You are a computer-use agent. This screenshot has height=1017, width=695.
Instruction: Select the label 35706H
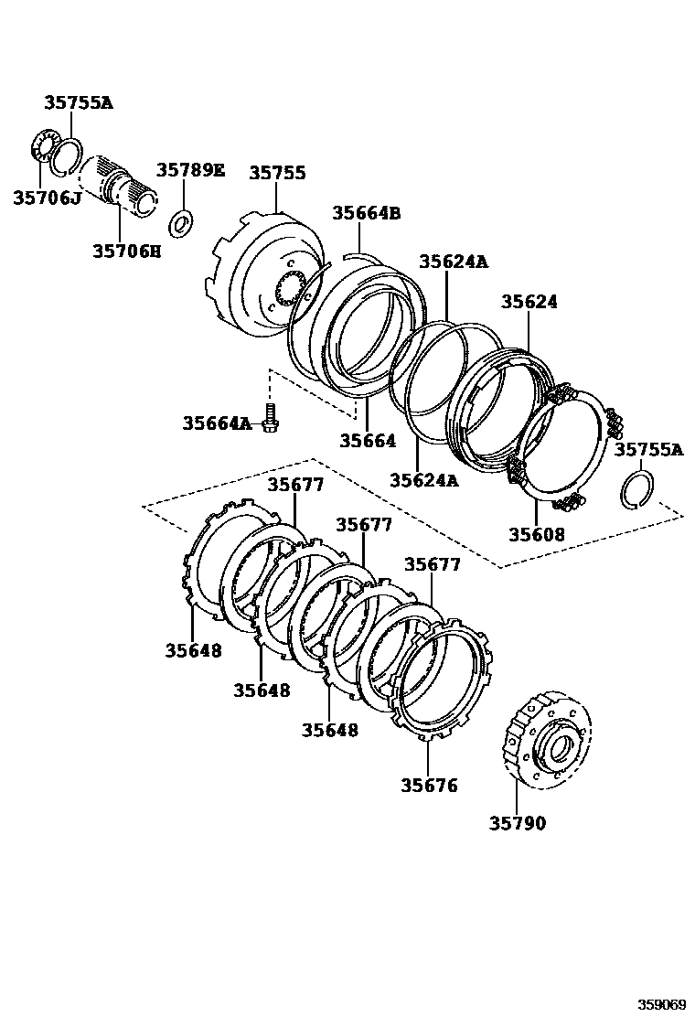click(126, 250)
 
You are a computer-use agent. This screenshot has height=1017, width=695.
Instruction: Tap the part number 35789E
click(190, 170)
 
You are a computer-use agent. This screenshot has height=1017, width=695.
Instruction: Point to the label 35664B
click(366, 213)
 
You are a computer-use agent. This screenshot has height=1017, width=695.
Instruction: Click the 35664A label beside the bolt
click(216, 423)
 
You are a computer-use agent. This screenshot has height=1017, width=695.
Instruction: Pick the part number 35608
click(537, 534)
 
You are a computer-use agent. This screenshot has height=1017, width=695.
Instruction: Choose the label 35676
click(429, 785)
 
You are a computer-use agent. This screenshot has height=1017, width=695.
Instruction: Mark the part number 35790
click(517, 823)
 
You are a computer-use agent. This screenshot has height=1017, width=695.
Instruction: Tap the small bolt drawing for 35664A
click(269, 417)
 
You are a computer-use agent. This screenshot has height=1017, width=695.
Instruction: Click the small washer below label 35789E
click(182, 221)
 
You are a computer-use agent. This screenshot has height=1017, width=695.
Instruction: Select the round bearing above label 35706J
click(42, 147)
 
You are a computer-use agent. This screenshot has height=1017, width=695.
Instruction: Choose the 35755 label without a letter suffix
click(277, 173)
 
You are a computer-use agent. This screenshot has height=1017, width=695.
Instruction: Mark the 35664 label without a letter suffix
click(368, 441)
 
